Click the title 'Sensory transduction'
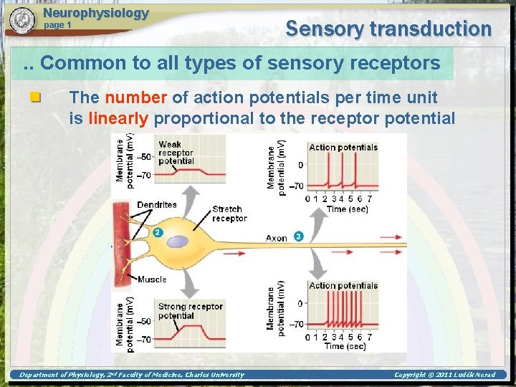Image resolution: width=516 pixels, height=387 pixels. pos(388,29)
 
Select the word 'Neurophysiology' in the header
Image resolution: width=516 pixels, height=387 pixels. pos(96,13)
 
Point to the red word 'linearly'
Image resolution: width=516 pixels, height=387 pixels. pos(119,118)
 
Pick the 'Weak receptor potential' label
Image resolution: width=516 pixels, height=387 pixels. pos(176,153)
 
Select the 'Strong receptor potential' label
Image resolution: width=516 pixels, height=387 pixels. pos(190,311)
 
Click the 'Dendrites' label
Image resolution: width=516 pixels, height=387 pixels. pos(156,205)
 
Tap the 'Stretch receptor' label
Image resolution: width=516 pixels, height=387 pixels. pos(229,214)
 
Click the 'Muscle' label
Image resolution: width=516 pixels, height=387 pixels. pos(151,279)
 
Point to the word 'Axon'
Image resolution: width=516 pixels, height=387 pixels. pos(277,238)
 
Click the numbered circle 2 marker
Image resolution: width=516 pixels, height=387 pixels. pos(158,232)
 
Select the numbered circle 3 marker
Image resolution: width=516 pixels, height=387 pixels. pos(298,236)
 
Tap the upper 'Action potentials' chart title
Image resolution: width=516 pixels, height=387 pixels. pos(343,148)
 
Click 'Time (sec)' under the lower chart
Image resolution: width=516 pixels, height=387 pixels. pos(345,346)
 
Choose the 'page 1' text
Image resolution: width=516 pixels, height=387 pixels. pos(58,25)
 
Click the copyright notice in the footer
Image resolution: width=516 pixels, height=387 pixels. pos(444,375)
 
